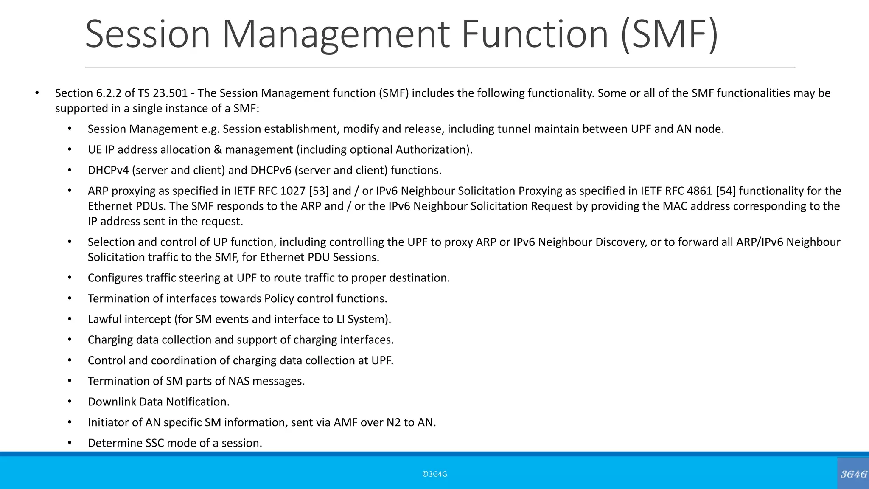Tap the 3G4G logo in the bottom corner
tap(853, 474)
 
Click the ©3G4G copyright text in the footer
tap(434, 474)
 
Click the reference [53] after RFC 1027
tap(319, 191)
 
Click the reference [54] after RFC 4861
tap(726, 191)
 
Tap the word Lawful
tap(101, 319)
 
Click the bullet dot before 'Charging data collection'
tap(70, 340)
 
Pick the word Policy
tap(279, 298)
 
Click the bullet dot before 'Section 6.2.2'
tap(37, 93)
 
